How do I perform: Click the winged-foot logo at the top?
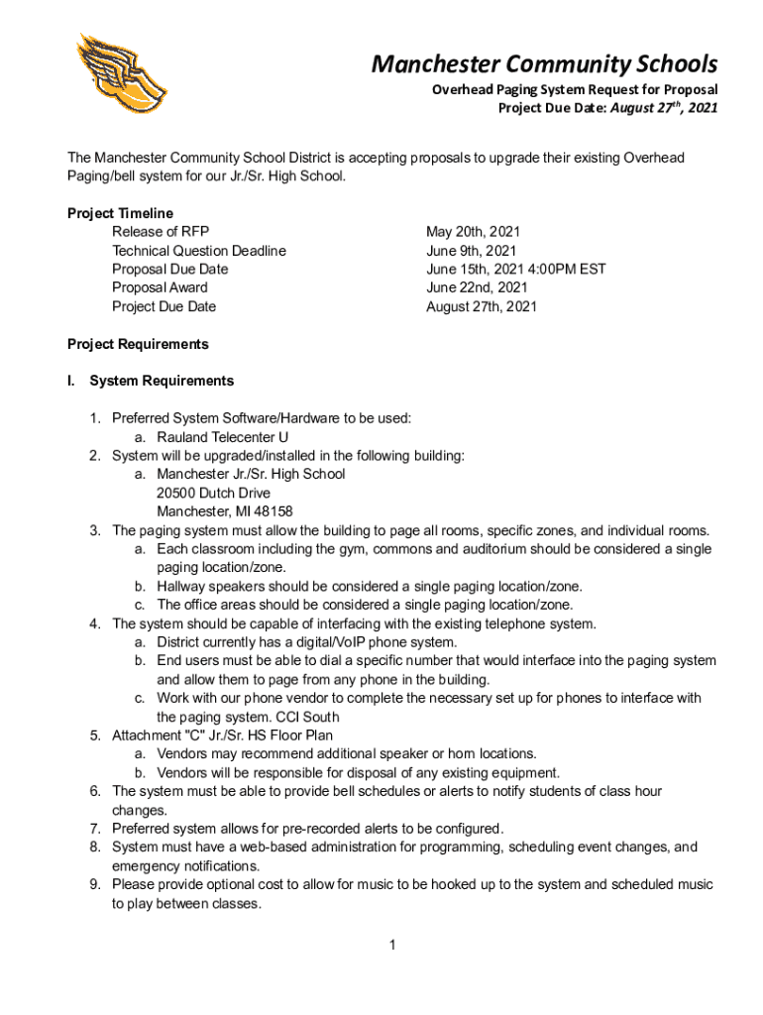point(122,78)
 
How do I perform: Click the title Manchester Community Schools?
point(544,65)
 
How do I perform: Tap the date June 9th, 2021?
point(471,251)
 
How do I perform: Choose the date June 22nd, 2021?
point(477,287)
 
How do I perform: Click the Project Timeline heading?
point(120,213)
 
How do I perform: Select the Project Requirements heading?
point(138,344)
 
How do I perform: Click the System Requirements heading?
point(162,381)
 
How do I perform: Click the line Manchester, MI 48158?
point(224,511)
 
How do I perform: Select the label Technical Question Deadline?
point(199,251)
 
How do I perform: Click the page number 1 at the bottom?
point(392,946)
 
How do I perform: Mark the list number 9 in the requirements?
point(95,884)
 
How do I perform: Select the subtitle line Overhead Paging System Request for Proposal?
point(574,89)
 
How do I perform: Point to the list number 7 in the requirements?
point(95,829)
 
